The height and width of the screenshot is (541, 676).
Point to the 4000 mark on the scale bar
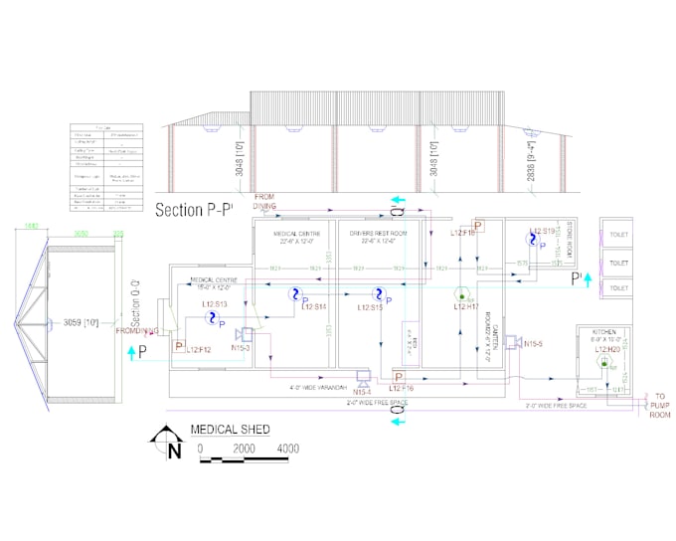pyautogui.click(x=287, y=450)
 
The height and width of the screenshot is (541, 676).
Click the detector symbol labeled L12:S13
pyautogui.click(x=211, y=317)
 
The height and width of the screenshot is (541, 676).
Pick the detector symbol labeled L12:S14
pyautogui.click(x=294, y=294)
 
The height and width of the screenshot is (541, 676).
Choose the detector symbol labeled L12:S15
pyautogui.click(x=378, y=294)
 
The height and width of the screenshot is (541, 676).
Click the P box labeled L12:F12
pyautogui.click(x=180, y=346)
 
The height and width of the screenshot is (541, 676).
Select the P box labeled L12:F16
pyautogui.click(x=399, y=377)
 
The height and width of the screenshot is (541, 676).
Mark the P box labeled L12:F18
pyautogui.click(x=477, y=227)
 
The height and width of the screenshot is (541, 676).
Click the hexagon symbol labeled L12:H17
pyautogui.click(x=461, y=294)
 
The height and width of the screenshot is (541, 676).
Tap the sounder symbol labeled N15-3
pyautogui.click(x=244, y=335)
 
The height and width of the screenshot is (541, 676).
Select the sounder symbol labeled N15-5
pyautogui.click(x=509, y=343)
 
